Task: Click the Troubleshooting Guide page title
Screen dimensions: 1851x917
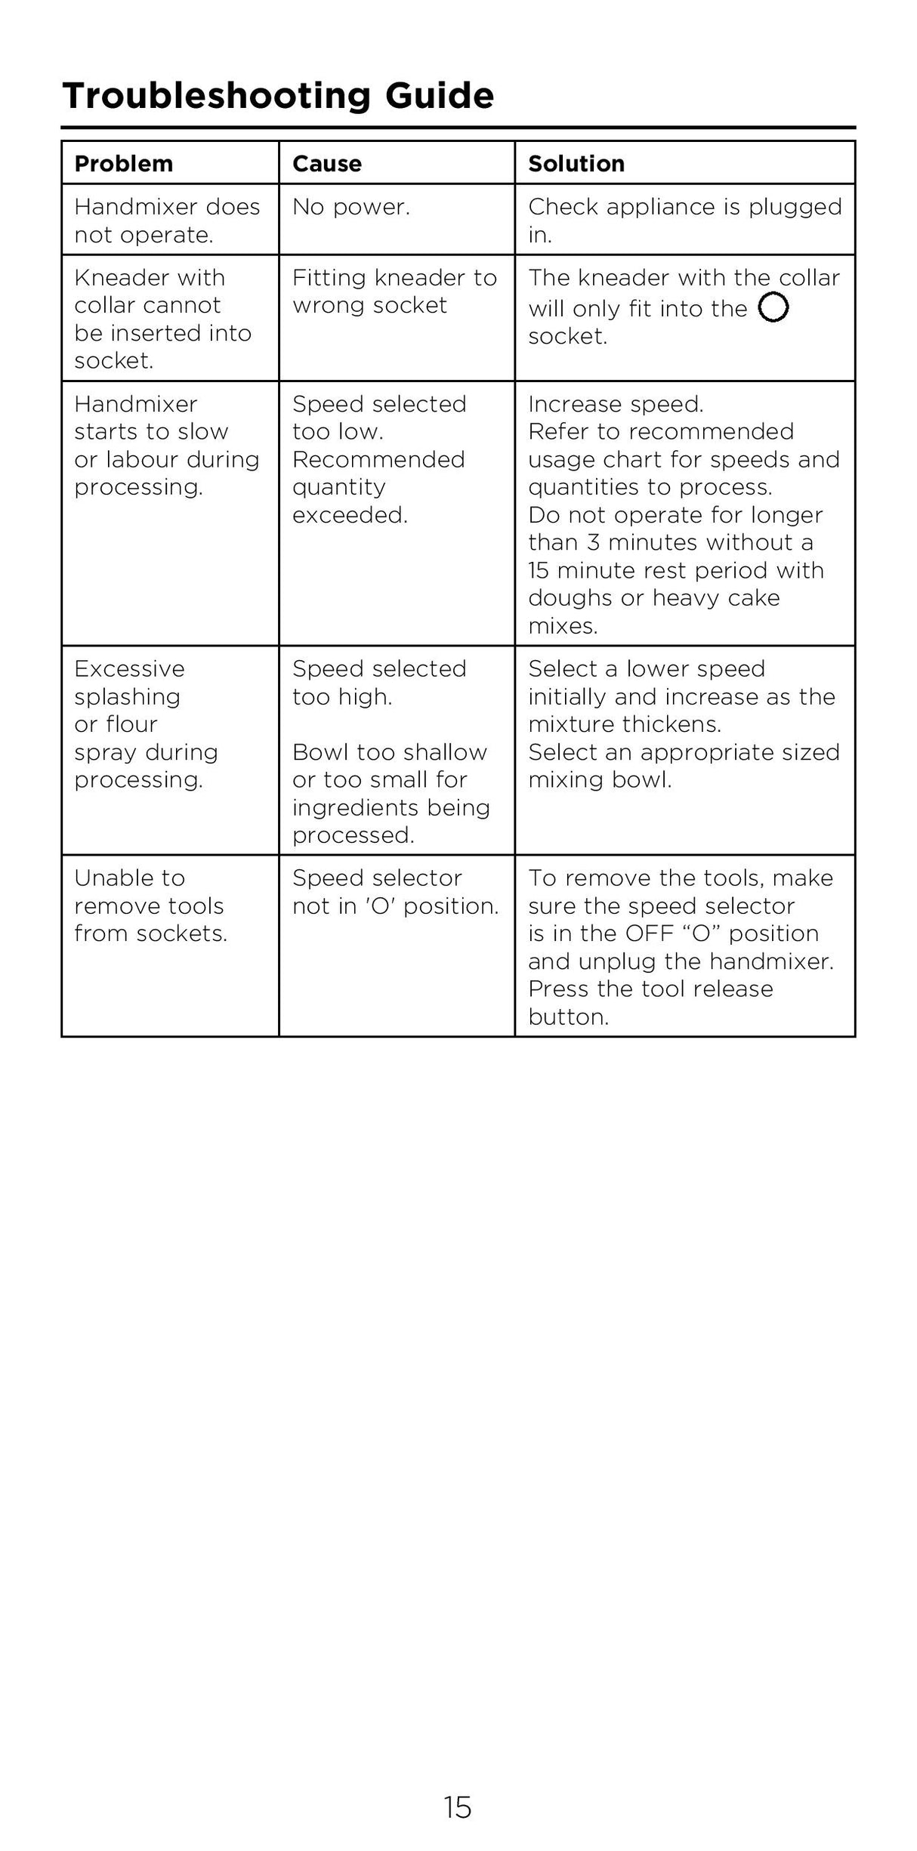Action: tap(278, 96)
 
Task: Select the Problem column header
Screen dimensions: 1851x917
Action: tap(123, 163)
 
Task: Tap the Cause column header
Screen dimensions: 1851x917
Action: tap(326, 163)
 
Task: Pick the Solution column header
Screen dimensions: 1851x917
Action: tap(576, 163)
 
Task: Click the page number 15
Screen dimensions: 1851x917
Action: tap(458, 1808)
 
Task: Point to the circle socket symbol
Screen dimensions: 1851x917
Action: tap(773, 307)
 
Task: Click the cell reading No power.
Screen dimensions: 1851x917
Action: tap(350, 207)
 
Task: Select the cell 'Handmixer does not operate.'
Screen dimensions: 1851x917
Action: tap(166, 221)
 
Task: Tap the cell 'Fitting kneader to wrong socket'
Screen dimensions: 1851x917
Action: tap(394, 292)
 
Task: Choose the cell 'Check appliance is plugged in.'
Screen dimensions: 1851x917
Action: tap(684, 221)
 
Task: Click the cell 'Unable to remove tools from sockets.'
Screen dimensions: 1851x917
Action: tap(150, 905)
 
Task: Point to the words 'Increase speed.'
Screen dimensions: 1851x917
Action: tap(616, 404)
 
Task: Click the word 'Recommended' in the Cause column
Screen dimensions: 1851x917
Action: tap(378, 459)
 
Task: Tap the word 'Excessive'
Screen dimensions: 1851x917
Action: tap(129, 669)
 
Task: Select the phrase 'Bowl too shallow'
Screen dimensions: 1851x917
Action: tap(389, 752)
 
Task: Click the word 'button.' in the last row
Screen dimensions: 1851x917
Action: tap(568, 1017)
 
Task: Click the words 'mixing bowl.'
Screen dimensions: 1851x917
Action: tap(600, 780)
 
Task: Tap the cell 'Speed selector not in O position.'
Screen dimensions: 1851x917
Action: tap(395, 892)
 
